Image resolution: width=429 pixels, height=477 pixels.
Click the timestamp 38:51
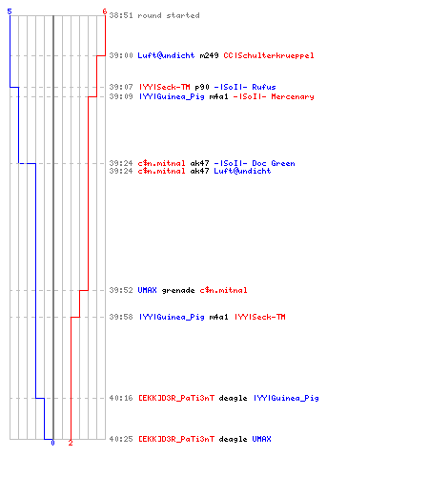pos(121,15)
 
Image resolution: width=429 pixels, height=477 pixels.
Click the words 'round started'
pos(169,15)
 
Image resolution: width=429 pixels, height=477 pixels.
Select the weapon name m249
pos(209,55)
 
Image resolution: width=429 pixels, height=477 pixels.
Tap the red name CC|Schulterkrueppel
pos(269,55)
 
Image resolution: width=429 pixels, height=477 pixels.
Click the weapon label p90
pos(202,87)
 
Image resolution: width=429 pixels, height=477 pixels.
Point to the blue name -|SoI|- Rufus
pos(245,87)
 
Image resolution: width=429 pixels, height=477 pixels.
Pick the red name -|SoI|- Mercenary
pos(274,96)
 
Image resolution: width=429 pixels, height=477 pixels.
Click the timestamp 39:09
pos(121,96)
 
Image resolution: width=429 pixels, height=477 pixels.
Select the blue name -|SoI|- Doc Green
pos(255,163)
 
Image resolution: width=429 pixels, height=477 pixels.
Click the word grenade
pos(178,290)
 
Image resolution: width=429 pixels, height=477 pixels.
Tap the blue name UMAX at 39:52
pos(147,290)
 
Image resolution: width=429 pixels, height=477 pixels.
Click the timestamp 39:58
pos(121,317)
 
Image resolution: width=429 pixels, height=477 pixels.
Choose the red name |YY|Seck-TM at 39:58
pos(260,317)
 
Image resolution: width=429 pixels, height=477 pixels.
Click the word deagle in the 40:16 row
pos(233,398)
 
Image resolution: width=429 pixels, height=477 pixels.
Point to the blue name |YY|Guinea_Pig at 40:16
pos(286,398)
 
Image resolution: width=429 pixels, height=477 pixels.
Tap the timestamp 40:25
pos(121,439)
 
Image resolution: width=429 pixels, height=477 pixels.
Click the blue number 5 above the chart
pos(10,11)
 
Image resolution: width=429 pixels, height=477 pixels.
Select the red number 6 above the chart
pos(105,11)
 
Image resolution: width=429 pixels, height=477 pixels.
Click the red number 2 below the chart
pos(71,443)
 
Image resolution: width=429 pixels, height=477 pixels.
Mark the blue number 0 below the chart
pos(52,443)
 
